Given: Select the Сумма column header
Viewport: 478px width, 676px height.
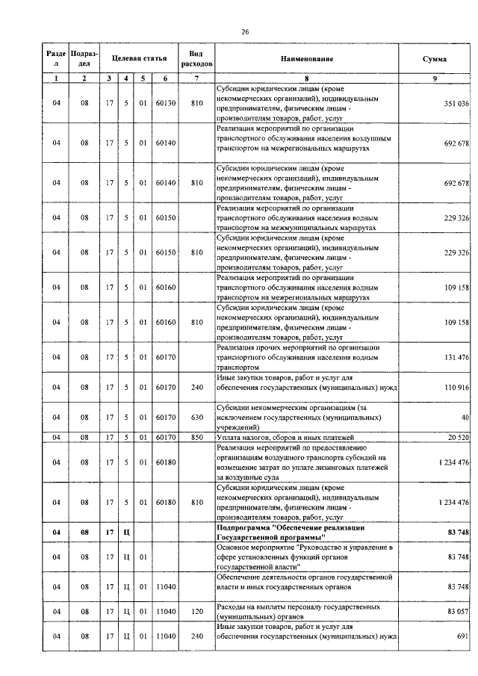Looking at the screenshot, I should point(434,58).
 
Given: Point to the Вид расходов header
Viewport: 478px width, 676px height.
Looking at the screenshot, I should point(196,58).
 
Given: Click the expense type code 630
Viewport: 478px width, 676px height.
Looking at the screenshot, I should point(196,417).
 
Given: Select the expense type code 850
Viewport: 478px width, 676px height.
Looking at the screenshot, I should point(196,436).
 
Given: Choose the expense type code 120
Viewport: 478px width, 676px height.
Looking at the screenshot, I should point(196,611).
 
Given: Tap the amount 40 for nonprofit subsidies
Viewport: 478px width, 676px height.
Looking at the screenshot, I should point(465,417).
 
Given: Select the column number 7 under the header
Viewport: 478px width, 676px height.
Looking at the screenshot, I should point(196,78).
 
